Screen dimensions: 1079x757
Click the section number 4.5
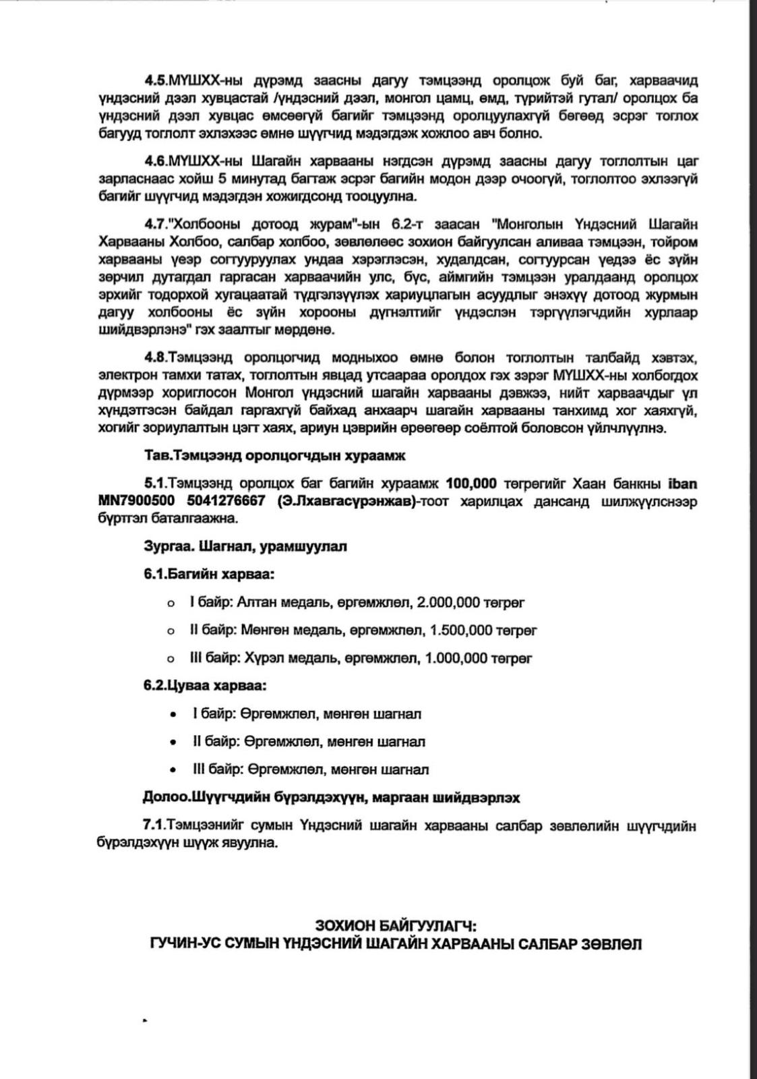coord(156,81)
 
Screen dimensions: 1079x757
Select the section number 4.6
coord(156,162)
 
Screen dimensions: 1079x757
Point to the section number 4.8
coord(156,357)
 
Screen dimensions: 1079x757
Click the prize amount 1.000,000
coord(456,658)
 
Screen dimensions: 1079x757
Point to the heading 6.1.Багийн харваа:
coord(209,575)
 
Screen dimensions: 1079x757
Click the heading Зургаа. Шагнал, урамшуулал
coord(245,546)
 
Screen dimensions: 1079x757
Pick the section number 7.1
coord(154,826)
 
